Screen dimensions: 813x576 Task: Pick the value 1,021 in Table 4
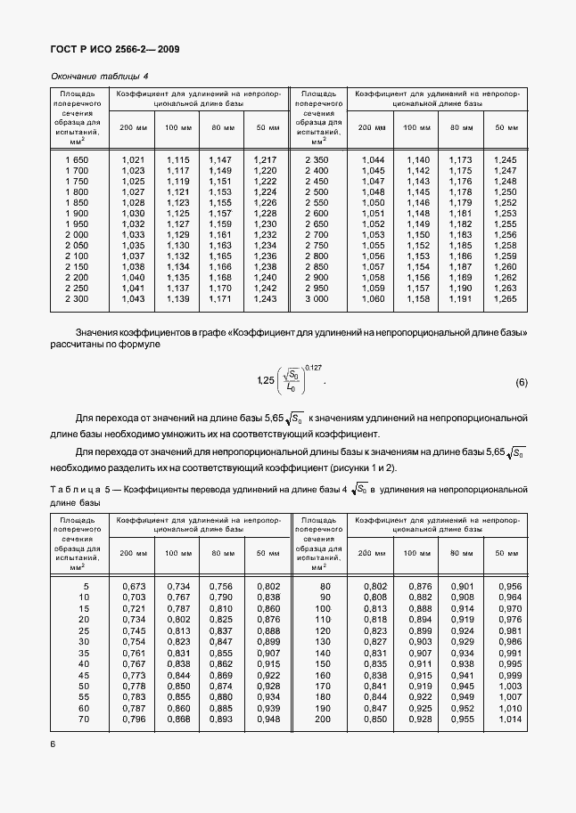pyautogui.click(x=133, y=159)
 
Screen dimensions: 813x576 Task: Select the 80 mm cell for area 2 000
pyautogui.click(x=219, y=234)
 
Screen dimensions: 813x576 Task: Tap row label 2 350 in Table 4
pyautogui.click(x=317, y=159)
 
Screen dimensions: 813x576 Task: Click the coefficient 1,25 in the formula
pyautogui.click(x=264, y=381)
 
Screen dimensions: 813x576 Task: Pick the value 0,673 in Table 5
pyautogui.click(x=133, y=586)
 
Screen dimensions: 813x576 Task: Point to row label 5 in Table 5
pyautogui.click(x=86, y=586)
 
